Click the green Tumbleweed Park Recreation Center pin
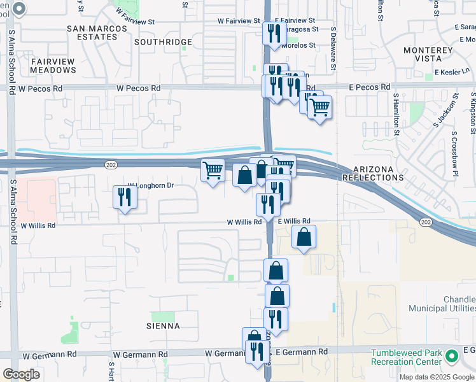[452, 357]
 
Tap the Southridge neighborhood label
[164, 42]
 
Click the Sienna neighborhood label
[165, 326]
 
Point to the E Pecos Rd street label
[370, 87]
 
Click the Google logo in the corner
[22, 374]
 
